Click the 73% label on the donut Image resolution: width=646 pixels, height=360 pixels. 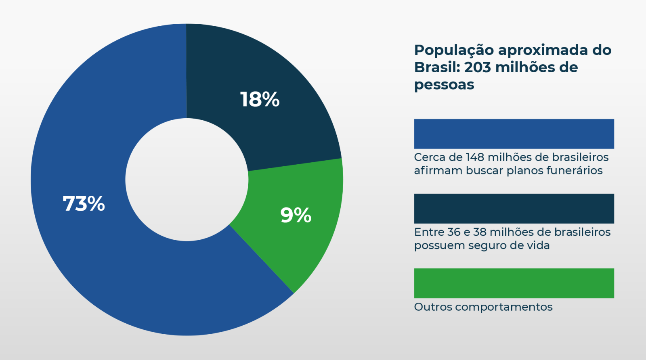tap(84, 203)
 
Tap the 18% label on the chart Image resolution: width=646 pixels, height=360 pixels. tap(260, 99)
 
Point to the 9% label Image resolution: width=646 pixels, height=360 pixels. tap(296, 215)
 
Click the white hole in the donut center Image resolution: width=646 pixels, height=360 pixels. tap(187, 180)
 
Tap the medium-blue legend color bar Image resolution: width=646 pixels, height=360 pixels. tap(514, 134)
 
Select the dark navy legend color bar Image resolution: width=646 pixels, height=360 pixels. tap(514, 208)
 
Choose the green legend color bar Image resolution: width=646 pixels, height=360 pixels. tap(514, 283)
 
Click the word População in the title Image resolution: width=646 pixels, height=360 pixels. tap(454, 50)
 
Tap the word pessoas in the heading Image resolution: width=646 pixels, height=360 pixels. tap(444, 85)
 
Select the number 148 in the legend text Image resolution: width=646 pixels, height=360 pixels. tap(475, 157)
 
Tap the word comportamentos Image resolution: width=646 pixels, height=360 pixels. tap(503, 307)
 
